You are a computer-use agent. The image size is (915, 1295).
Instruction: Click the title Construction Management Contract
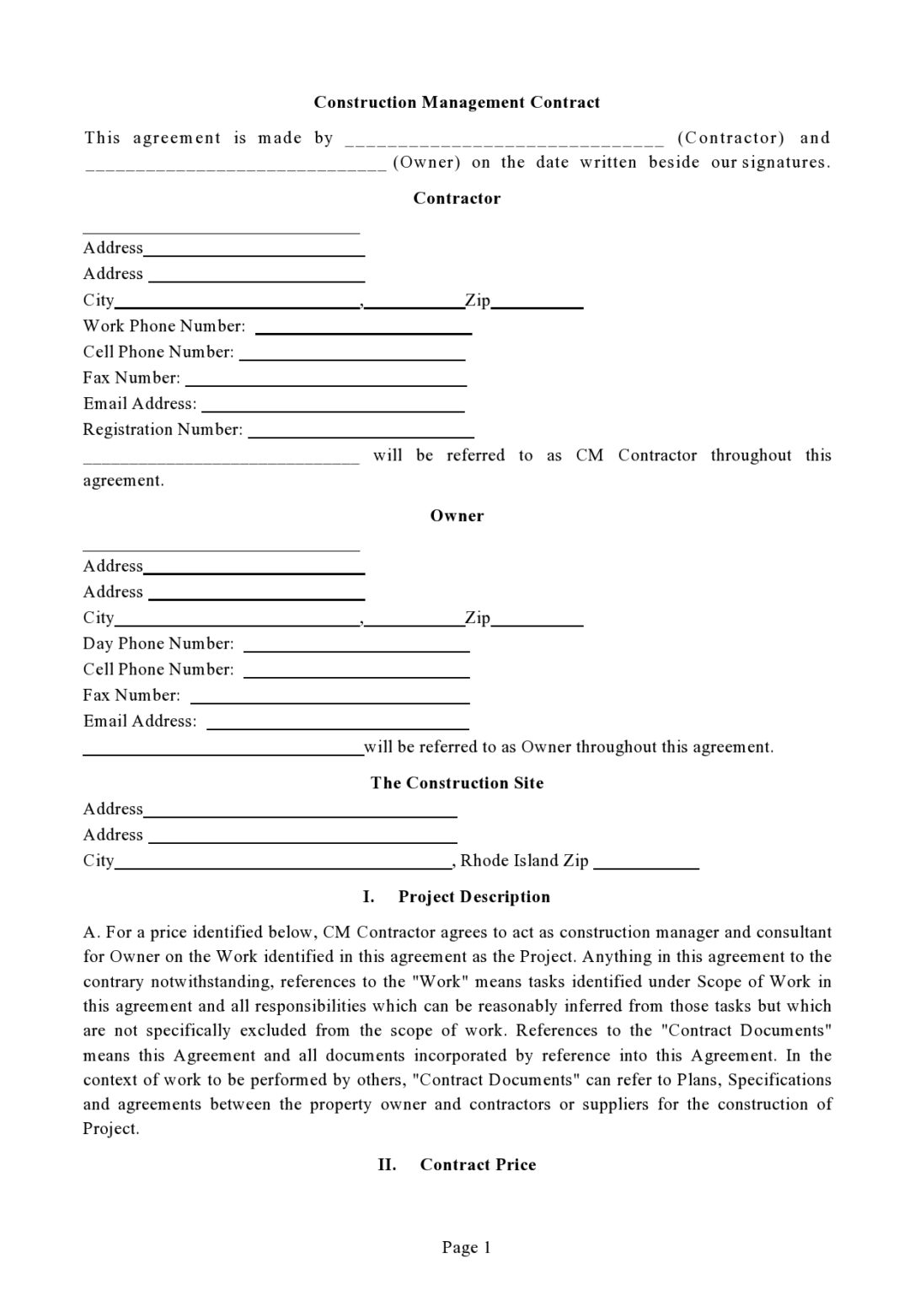(x=457, y=103)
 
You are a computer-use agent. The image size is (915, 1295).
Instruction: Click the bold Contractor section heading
(x=457, y=199)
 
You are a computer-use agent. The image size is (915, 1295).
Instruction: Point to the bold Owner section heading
(x=457, y=516)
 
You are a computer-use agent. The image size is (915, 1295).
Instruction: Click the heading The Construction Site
(x=457, y=783)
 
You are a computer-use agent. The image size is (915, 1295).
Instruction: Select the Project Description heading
(x=474, y=897)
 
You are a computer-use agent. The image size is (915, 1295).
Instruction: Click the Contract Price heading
(x=477, y=1165)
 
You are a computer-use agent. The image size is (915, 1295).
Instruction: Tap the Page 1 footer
(x=466, y=1248)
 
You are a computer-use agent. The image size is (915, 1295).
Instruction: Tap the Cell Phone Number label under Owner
(x=158, y=669)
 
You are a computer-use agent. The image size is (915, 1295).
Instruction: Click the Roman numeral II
(x=387, y=1165)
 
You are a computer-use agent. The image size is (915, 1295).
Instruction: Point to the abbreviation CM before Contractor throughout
(x=589, y=456)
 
